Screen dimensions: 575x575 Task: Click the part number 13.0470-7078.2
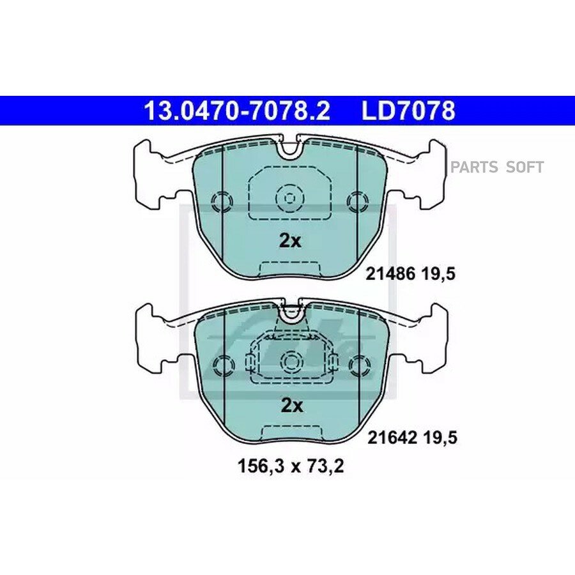pos(237,111)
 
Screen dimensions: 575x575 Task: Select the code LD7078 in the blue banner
pos(408,111)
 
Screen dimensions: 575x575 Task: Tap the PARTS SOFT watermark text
pos(497,167)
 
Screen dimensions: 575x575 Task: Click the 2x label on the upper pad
pos(290,241)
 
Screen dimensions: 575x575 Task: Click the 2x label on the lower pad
pos(292,406)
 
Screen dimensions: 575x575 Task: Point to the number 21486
pos(390,273)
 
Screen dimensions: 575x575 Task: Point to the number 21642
pos(392,438)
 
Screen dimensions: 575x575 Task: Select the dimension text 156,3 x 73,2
pos(291,466)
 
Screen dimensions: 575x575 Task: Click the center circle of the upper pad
pos(289,199)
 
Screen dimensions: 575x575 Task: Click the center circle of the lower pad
pos(292,363)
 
